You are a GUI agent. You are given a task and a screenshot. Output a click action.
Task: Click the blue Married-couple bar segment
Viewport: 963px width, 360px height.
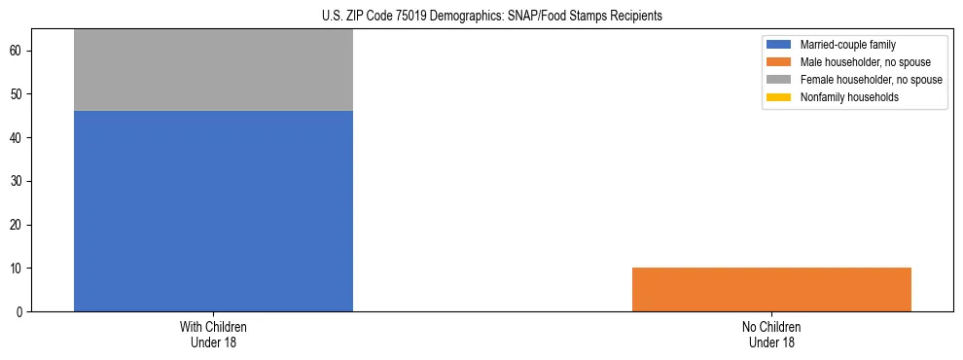pos(213,211)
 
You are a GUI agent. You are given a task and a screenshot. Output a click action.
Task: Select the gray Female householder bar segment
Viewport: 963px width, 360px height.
pos(213,70)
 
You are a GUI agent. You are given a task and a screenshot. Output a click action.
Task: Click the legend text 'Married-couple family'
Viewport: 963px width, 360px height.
pos(847,45)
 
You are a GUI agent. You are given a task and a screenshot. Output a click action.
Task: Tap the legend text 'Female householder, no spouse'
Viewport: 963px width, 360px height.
pos(871,80)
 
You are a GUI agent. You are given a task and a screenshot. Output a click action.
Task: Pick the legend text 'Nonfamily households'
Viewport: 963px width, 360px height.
pos(849,97)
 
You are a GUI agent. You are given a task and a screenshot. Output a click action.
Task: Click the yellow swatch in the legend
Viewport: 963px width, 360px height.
pos(779,97)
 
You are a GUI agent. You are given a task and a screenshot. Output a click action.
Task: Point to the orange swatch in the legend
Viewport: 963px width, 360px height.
pos(779,62)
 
